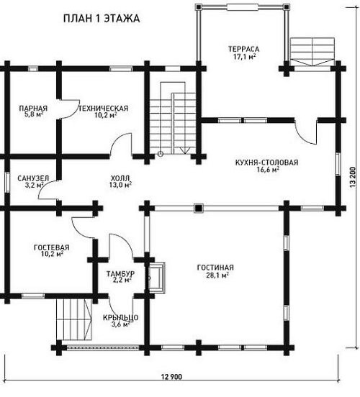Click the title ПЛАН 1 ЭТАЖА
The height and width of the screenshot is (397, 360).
coord(102,19)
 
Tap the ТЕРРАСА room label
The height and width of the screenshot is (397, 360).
coord(244,49)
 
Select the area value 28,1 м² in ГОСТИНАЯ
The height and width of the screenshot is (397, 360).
coord(217,275)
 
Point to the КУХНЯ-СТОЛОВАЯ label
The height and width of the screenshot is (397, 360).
coord(266,163)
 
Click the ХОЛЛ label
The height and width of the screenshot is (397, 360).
coord(120,178)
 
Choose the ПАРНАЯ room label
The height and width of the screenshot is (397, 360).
coord(33,109)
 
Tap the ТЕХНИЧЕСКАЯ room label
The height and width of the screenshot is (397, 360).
coord(104,109)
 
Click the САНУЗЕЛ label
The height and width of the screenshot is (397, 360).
coord(33,178)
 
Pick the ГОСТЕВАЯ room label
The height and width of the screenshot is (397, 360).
coord(51,247)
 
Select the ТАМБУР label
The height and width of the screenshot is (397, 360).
coord(120,274)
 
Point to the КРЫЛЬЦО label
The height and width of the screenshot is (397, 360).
coord(121,317)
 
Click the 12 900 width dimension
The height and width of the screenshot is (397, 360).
coord(171,377)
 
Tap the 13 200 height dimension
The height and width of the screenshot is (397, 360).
coord(353,178)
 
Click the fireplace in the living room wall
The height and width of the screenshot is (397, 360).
coord(156,278)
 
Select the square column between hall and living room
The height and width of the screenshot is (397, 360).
coord(199,208)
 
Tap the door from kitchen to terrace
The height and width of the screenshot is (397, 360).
coord(306,133)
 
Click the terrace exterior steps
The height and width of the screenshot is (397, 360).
coord(312,52)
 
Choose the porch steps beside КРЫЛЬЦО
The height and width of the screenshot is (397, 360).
coord(74,319)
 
